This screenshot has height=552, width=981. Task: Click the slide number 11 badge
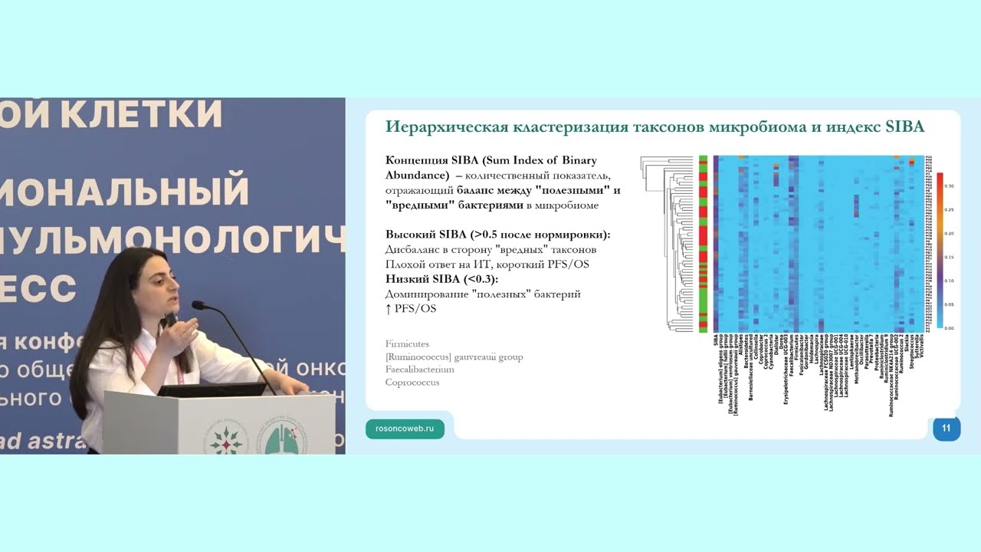pyautogui.click(x=946, y=429)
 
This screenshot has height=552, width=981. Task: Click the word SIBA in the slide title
pyautogui.click(x=905, y=127)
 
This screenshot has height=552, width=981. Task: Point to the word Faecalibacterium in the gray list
pyautogui.click(x=420, y=370)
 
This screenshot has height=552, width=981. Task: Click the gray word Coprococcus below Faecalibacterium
pyautogui.click(x=412, y=383)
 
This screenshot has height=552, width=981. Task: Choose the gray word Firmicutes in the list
pyautogui.click(x=407, y=344)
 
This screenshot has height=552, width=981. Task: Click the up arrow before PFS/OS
pyautogui.click(x=389, y=308)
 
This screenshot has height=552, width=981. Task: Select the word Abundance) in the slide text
pyautogui.click(x=415, y=174)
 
